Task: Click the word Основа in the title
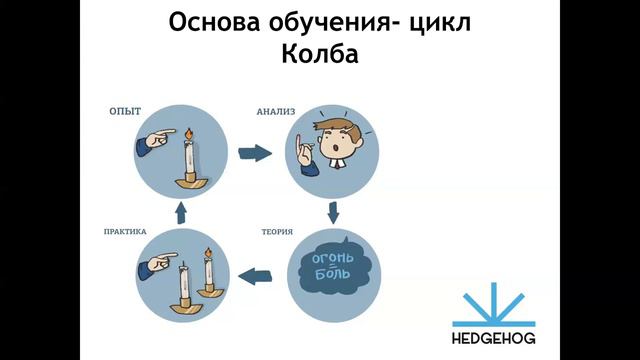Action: (x=212, y=21)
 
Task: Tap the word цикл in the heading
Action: (x=441, y=21)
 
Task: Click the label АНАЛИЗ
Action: (x=278, y=112)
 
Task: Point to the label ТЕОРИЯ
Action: (x=278, y=232)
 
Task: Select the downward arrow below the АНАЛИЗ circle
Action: (x=333, y=212)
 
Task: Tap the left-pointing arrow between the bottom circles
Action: (x=257, y=270)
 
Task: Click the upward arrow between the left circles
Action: (x=180, y=212)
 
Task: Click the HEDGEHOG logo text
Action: (x=494, y=337)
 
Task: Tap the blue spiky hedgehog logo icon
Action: (x=494, y=304)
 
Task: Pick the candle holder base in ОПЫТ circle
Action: (x=187, y=179)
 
